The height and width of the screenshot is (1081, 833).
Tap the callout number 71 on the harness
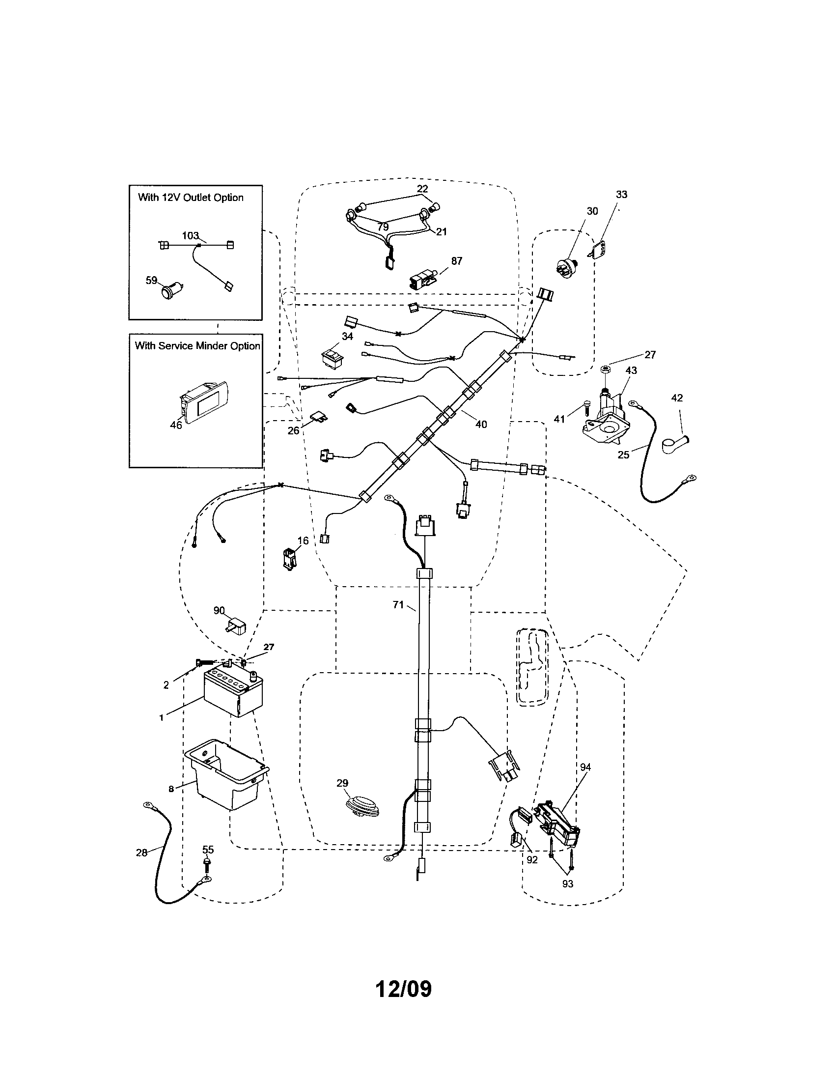pos(398,604)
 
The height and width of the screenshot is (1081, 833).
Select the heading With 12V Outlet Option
pos(191,198)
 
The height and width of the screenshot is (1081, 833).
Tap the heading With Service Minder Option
pos(197,346)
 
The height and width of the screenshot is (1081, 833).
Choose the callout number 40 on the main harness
pos(481,424)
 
